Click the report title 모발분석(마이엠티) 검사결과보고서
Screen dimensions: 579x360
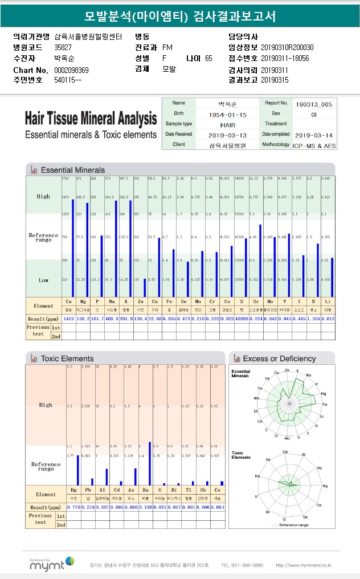click(179, 17)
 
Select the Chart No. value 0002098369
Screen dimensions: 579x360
click(71, 70)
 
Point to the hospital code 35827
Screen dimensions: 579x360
click(63, 47)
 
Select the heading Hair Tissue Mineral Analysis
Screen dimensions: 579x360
click(91, 119)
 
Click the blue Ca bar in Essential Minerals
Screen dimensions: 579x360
click(73, 248)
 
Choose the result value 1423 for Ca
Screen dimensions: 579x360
click(69, 318)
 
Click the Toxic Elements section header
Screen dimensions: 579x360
click(67, 358)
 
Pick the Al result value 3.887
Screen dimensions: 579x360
click(103, 507)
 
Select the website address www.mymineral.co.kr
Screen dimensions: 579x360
click(304, 565)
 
